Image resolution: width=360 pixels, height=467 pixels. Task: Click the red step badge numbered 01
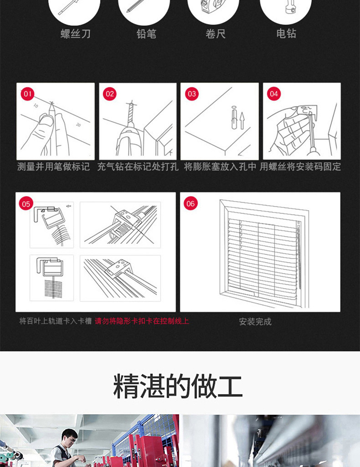coord(28,94)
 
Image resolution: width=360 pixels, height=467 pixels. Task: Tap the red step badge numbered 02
coord(110,94)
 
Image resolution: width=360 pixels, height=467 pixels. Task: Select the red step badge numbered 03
coord(192,94)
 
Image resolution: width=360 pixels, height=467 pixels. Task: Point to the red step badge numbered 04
coord(274,94)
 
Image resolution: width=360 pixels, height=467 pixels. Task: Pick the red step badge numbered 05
coord(26,204)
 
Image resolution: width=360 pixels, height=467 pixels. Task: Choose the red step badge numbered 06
coord(190,204)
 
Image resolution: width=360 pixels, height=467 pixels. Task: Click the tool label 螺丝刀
coord(76,34)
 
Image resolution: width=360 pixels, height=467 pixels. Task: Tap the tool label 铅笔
coord(146,34)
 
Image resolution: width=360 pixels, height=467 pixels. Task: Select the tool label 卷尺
coord(216,34)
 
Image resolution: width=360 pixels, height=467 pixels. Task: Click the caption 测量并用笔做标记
coord(54,166)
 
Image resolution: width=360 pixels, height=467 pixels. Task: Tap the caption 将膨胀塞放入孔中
coord(220,166)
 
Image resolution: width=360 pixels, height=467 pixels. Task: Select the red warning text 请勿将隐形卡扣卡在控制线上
coord(142,321)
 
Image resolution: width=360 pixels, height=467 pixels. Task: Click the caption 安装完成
coord(255,322)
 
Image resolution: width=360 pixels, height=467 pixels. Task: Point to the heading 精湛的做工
coord(178,386)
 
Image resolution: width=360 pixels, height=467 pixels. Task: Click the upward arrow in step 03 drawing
coord(242,120)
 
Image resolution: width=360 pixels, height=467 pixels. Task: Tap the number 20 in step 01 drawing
coord(78,125)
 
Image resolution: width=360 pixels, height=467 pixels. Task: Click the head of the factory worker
coord(70,437)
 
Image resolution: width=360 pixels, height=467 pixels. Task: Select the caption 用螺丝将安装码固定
coord(300,166)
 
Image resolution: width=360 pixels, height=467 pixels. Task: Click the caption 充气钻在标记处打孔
coord(138,166)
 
